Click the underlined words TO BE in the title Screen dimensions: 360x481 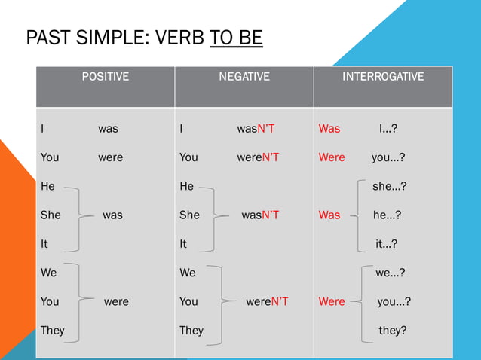click(x=237, y=38)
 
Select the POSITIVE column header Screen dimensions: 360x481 click(x=105, y=77)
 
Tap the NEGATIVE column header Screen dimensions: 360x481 click(x=244, y=77)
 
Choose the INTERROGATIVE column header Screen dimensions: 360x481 click(x=383, y=77)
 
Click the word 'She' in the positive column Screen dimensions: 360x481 click(x=51, y=215)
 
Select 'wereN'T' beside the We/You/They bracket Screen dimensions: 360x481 click(x=267, y=301)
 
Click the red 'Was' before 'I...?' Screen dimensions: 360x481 click(x=329, y=129)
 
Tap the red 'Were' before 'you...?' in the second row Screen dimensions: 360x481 click(x=332, y=157)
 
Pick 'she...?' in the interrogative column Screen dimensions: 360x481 click(x=389, y=186)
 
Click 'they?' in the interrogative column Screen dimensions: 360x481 click(x=392, y=330)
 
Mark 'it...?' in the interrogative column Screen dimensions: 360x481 click(x=386, y=243)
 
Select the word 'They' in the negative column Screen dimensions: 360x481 click(x=191, y=330)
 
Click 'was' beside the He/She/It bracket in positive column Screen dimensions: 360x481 click(x=112, y=215)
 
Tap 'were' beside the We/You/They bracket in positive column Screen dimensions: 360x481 click(x=116, y=301)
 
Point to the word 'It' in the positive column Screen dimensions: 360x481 click(x=44, y=243)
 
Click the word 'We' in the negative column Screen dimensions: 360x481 click(x=188, y=273)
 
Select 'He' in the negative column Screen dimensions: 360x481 click(x=186, y=186)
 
